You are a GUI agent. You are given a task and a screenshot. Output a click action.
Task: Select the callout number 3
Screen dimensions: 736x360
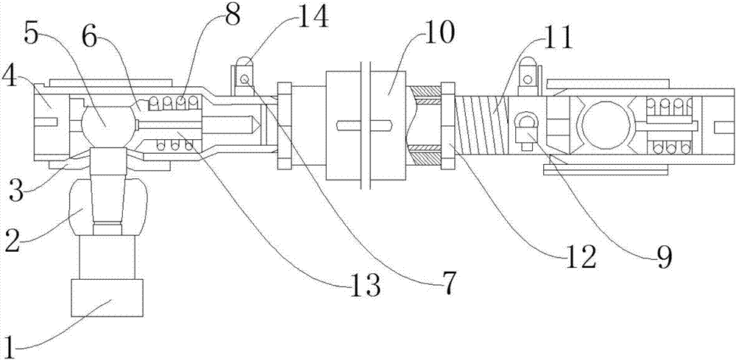tap(16, 191)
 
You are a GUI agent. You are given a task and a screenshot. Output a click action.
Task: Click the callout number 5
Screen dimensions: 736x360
tap(32, 34)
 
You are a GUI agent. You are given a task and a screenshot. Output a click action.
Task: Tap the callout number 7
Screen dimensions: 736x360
tap(447, 283)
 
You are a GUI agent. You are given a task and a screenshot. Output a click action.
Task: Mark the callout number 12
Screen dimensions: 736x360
tap(580, 257)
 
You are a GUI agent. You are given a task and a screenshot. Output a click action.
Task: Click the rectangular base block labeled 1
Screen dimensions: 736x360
tap(107, 297)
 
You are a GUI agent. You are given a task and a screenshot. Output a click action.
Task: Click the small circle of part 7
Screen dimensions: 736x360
tap(244, 80)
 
